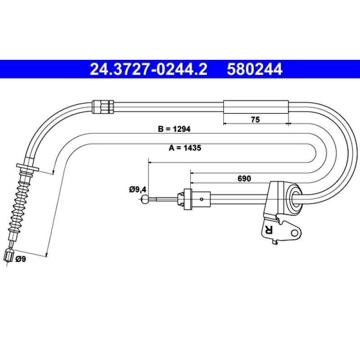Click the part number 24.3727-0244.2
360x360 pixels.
[x=148, y=69]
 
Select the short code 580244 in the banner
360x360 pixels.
[x=254, y=69]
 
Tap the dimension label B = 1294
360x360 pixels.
[x=174, y=129]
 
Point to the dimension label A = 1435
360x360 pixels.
[x=185, y=148]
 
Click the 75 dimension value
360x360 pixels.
[x=255, y=120]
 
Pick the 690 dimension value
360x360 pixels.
[x=244, y=178]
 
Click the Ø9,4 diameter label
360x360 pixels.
[x=138, y=189]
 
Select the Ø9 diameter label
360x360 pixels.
[x=21, y=259]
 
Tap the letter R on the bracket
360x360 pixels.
[x=268, y=229]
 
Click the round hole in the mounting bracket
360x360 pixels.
[x=294, y=233]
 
